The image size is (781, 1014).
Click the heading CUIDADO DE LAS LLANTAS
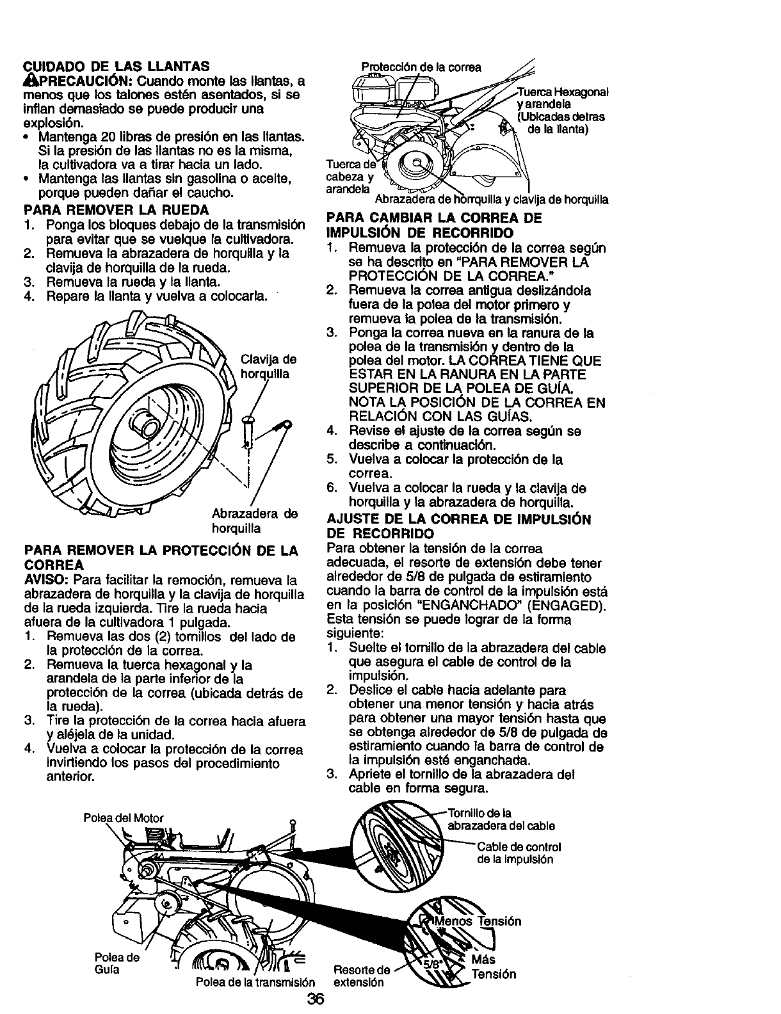(x=116, y=66)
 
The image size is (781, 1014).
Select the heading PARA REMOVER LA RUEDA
(x=116, y=209)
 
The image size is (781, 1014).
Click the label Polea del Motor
(x=124, y=817)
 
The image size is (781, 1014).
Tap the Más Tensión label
(x=493, y=967)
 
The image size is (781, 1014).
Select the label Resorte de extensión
(x=362, y=976)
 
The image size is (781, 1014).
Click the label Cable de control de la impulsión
(x=519, y=853)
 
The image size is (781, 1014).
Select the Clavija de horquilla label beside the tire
(x=267, y=366)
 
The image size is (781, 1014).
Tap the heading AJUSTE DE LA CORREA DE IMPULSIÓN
(x=458, y=519)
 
